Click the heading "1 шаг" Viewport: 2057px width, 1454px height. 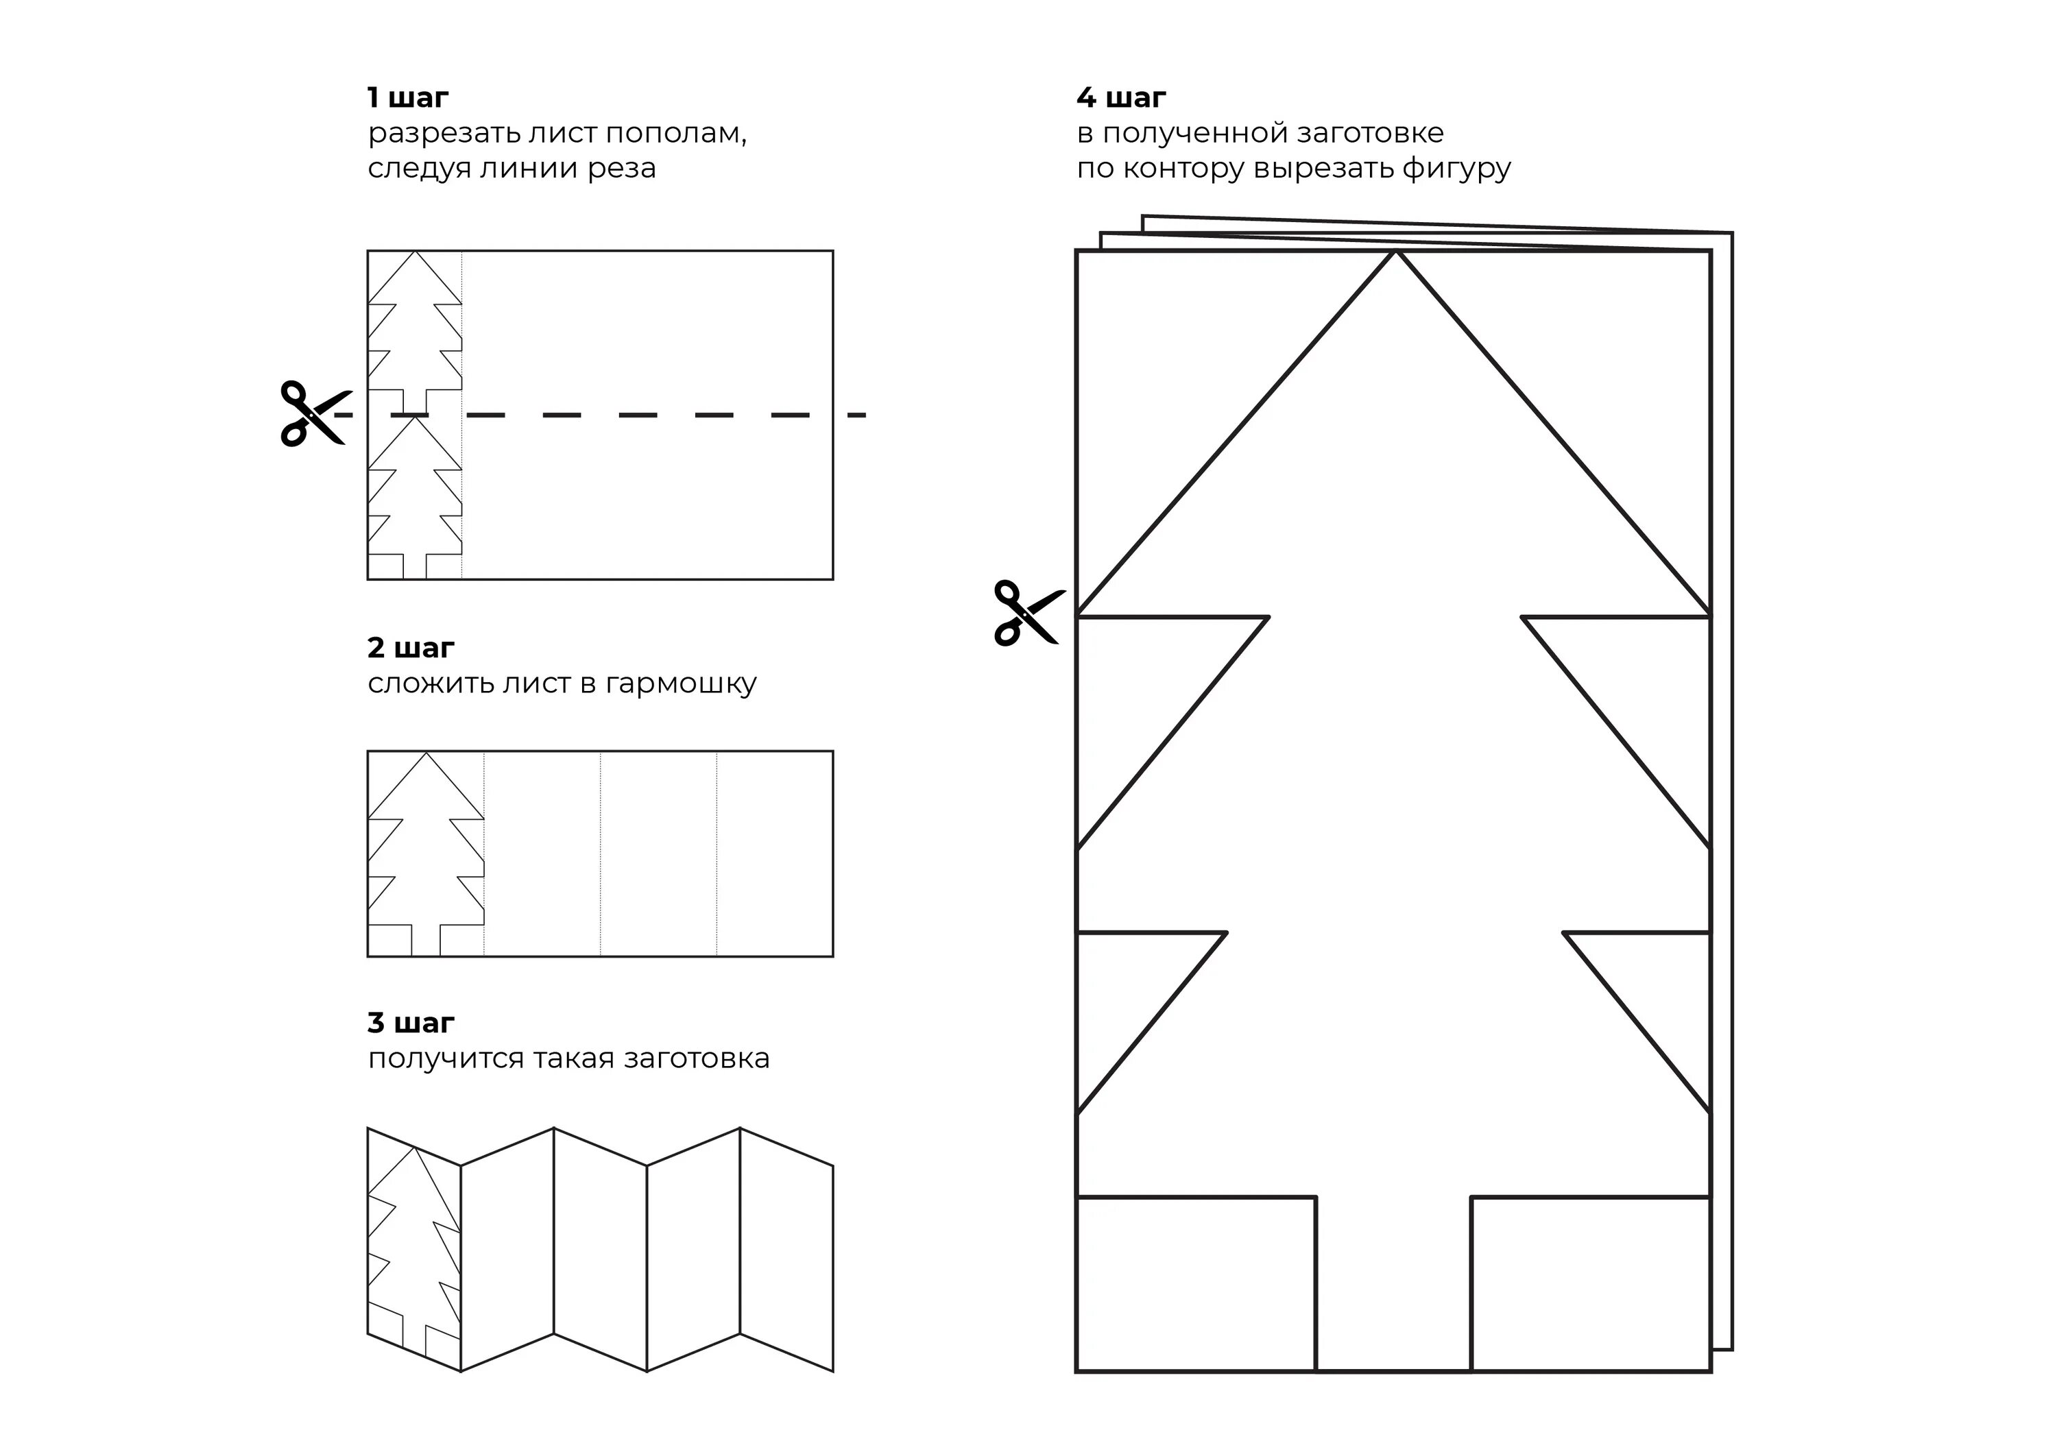pyautogui.click(x=408, y=97)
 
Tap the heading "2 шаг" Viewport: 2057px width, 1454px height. pyautogui.click(x=410, y=647)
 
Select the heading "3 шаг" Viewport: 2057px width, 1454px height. pyautogui.click(x=410, y=1022)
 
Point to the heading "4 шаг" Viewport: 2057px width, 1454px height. pyautogui.click(x=1121, y=97)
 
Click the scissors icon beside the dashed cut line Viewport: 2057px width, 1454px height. pyautogui.click(x=311, y=414)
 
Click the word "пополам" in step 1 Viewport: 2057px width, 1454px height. pyautogui.click(x=675, y=134)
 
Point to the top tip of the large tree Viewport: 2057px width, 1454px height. pyautogui.click(x=1394, y=255)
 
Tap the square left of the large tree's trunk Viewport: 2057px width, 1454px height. pyautogui.click(x=1195, y=1283)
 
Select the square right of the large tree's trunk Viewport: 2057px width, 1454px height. pyautogui.click(x=1590, y=1283)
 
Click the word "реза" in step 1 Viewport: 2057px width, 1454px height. pyautogui.click(x=622, y=169)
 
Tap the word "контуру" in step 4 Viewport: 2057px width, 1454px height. pyautogui.click(x=1183, y=169)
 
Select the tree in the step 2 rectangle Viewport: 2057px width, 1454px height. pyautogui.click(x=426, y=851)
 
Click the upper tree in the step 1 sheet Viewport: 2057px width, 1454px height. pyautogui.click(x=415, y=332)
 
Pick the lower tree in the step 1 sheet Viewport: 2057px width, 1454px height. pyautogui.click(x=415, y=497)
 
